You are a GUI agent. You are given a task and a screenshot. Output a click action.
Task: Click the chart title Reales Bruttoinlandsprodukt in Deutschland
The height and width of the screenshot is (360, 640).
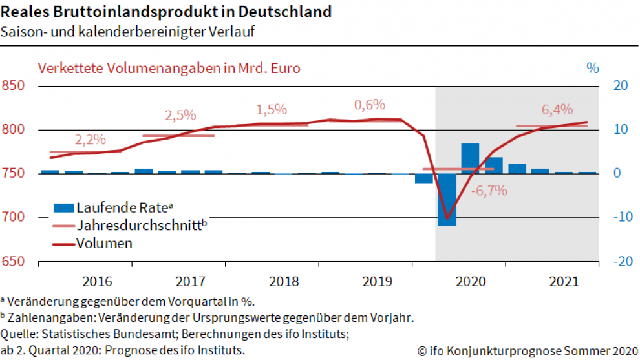click(x=167, y=12)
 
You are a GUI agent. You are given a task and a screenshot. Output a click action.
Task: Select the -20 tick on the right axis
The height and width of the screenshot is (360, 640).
click(x=621, y=261)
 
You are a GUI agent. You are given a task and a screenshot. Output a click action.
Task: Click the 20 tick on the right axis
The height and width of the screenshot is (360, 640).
click(x=621, y=85)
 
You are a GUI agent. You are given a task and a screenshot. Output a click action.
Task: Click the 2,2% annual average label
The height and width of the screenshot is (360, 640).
click(x=90, y=140)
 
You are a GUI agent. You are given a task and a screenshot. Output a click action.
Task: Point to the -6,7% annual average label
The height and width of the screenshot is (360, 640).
click(x=489, y=191)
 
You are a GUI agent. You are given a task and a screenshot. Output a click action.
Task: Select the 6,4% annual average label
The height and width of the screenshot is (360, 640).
click(x=557, y=110)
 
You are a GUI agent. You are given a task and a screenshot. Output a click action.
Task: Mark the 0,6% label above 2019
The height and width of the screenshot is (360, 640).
click(x=369, y=105)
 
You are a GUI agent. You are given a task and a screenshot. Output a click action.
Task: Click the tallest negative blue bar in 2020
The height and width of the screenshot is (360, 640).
click(x=447, y=200)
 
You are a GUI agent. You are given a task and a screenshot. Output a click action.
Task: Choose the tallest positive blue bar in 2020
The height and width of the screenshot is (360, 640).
click(x=470, y=158)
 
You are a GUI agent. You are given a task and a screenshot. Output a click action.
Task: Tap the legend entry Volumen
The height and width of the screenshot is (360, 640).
click(x=104, y=244)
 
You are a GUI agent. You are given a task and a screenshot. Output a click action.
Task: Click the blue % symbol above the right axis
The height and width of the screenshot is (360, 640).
click(x=593, y=67)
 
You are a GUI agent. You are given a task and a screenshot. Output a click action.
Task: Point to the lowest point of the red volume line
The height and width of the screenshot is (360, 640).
click(x=447, y=218)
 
